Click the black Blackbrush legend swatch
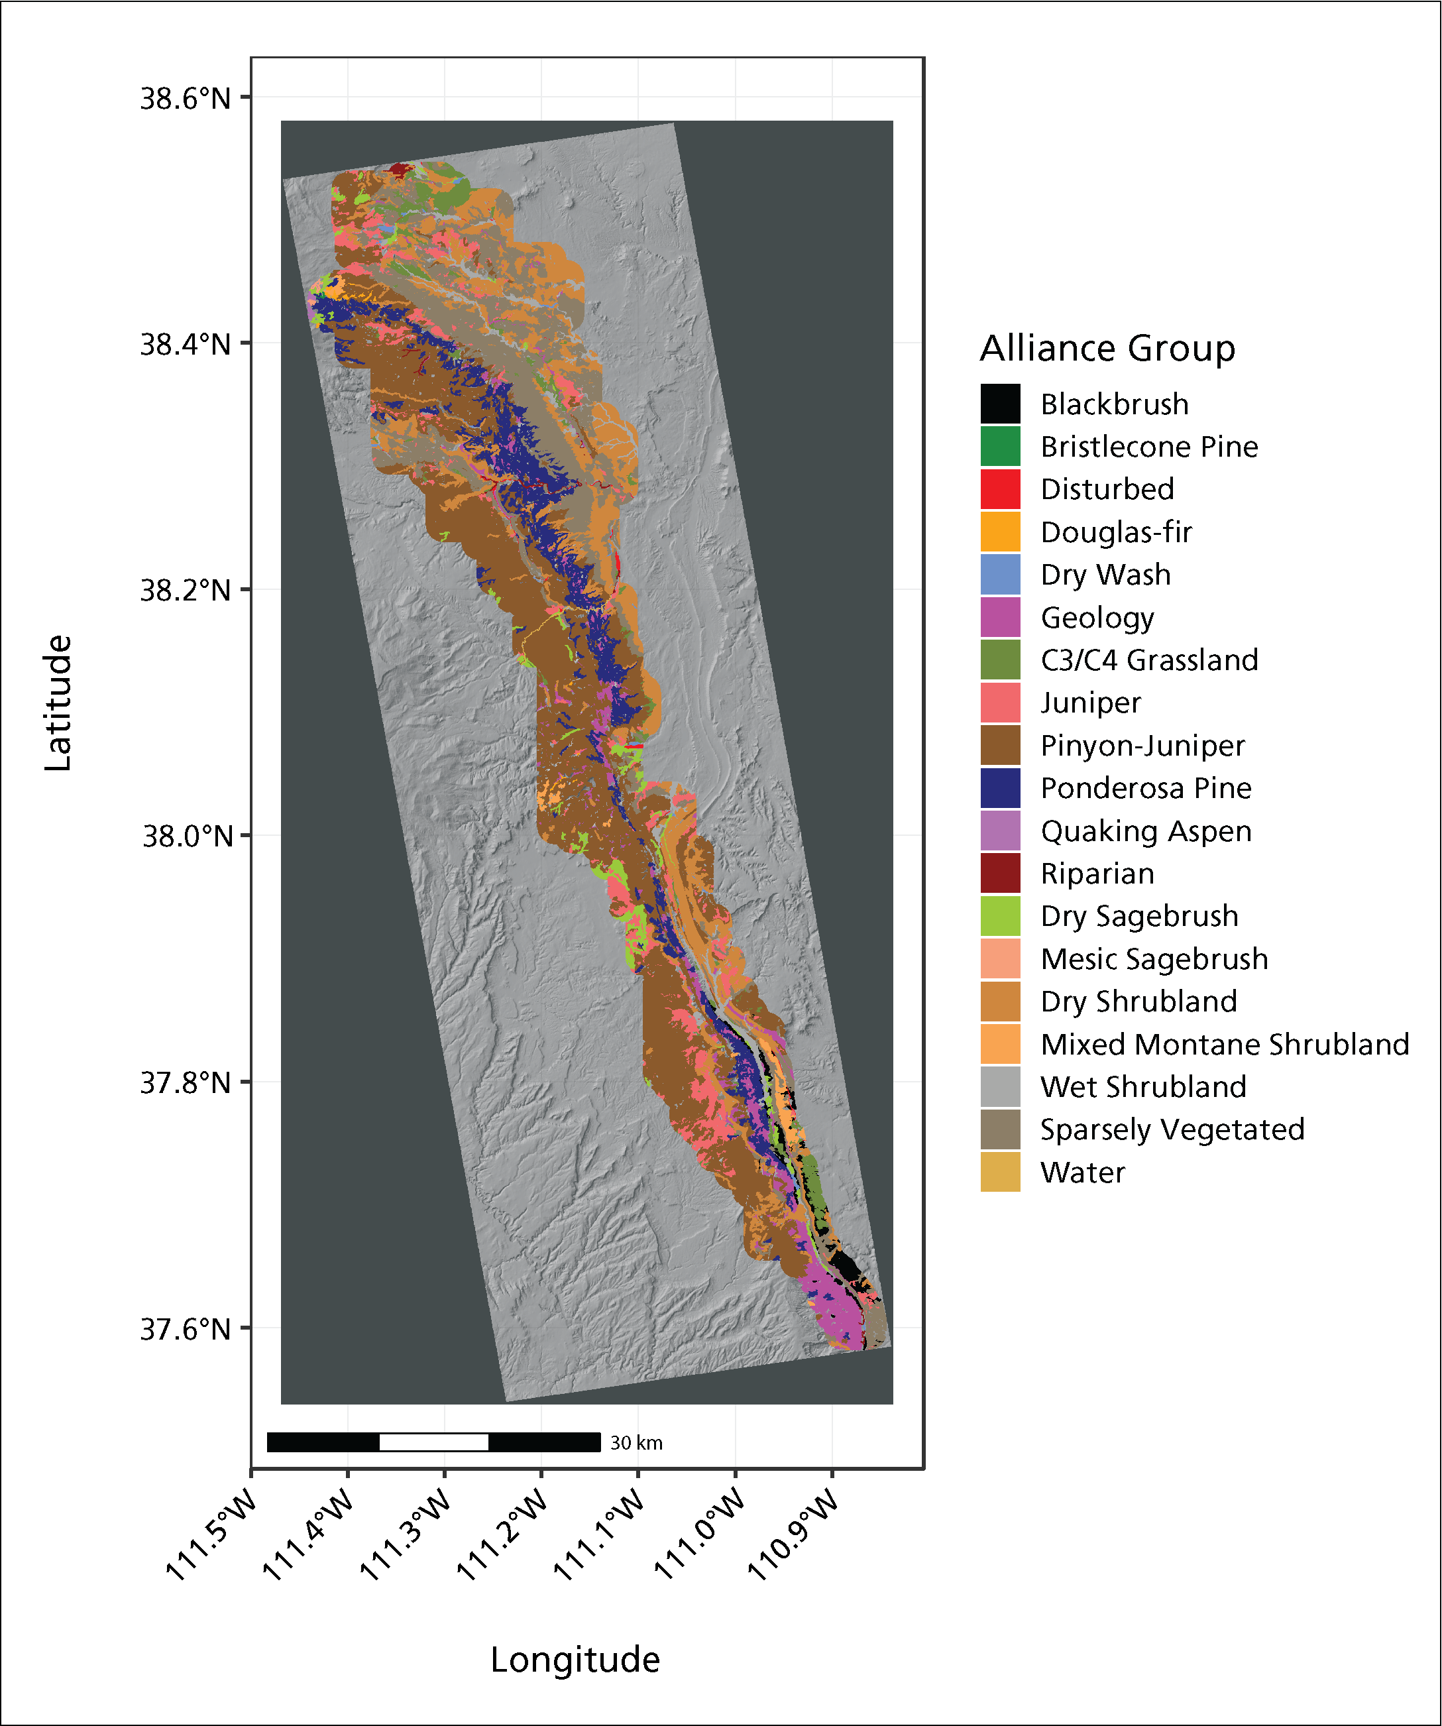[1000, 404]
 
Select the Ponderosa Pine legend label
[1145, 788]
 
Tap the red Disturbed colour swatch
[1000, 489]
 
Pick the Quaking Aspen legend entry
[1145, 831]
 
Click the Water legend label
[1082, 1173]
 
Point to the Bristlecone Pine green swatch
[1000, 446]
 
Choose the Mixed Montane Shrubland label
[1224, 1045]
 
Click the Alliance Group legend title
[1107, 349]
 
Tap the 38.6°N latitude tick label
[186, 99]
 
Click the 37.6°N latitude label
[186, 1329]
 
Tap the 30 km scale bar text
[636, 1442]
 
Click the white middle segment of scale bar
[434, 1442]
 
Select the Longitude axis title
[575, 1660]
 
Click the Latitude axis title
[58, 703]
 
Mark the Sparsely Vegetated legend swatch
[1000, 1129]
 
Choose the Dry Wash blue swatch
[1000, 575]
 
